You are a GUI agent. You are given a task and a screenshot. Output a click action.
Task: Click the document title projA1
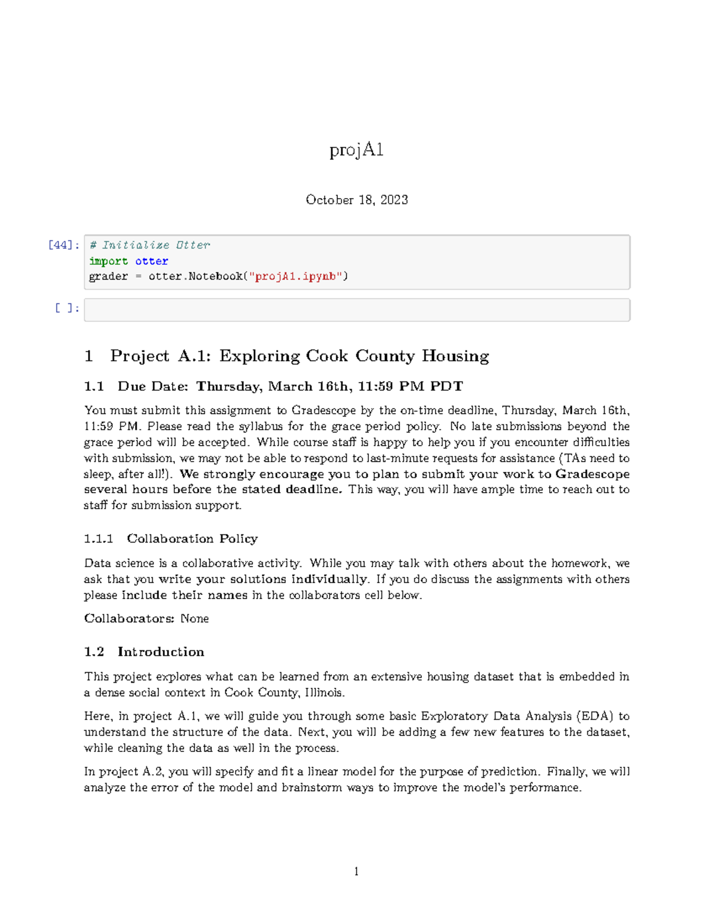pyautogui.click(x=356, y=150)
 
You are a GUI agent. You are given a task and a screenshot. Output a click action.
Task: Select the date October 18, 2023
pyautogui.click(x=356, y=200)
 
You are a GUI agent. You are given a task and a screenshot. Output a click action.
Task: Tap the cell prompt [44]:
pyautogui.click(x=64, y=245)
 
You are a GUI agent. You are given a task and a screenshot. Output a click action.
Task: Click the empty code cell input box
pyautogui.click(x=356, y=310)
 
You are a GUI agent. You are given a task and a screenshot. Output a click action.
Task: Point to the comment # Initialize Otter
pyautogui.click(x=149, y=245)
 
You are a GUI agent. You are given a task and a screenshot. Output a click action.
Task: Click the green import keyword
pyautogui.click(x=108, y=261)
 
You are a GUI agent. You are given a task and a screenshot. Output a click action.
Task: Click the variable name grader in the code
pyautogui.click(x=108, y=276)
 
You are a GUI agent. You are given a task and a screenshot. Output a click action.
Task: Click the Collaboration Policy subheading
pyautogui.click(x=192, y=539)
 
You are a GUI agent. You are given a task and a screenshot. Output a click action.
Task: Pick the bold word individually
pyautogui.click(x=328, y=580)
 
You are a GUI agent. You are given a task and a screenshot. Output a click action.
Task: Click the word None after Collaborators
pyautogui.click(x=195, y=619)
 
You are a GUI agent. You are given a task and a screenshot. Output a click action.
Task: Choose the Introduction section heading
pyautogui.click(x=161, y=652)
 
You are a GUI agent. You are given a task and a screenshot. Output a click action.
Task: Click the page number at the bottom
pyautogui.click(x=356, y=872)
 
